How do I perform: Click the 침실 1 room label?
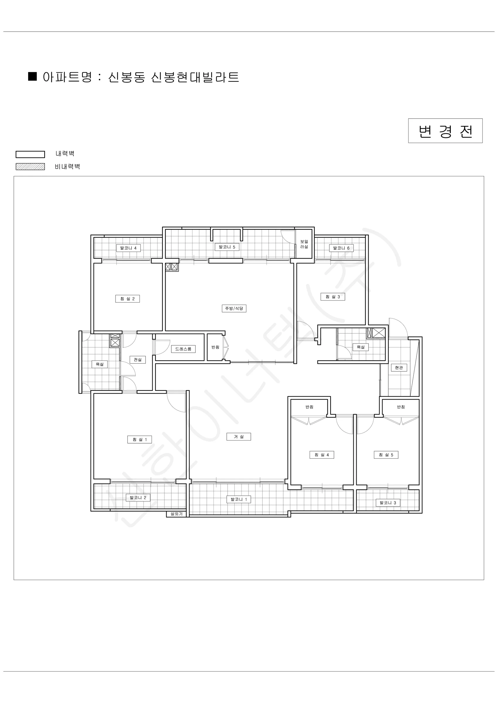point(140,439)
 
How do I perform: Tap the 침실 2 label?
point(128,298)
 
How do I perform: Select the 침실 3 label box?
point(333,296)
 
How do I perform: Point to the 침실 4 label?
point(322,455)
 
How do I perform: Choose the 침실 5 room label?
point(386,455)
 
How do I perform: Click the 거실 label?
point(238,437)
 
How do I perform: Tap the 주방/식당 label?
point(234,308)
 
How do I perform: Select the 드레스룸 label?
point(183,349)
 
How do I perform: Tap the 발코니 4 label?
point(128,248)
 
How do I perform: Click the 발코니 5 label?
point(227,247)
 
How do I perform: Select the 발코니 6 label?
point(341,248)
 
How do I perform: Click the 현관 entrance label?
point(399,367)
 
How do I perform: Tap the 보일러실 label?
point(304,244)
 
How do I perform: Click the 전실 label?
point(138,359)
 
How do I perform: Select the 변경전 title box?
point(445,131)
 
